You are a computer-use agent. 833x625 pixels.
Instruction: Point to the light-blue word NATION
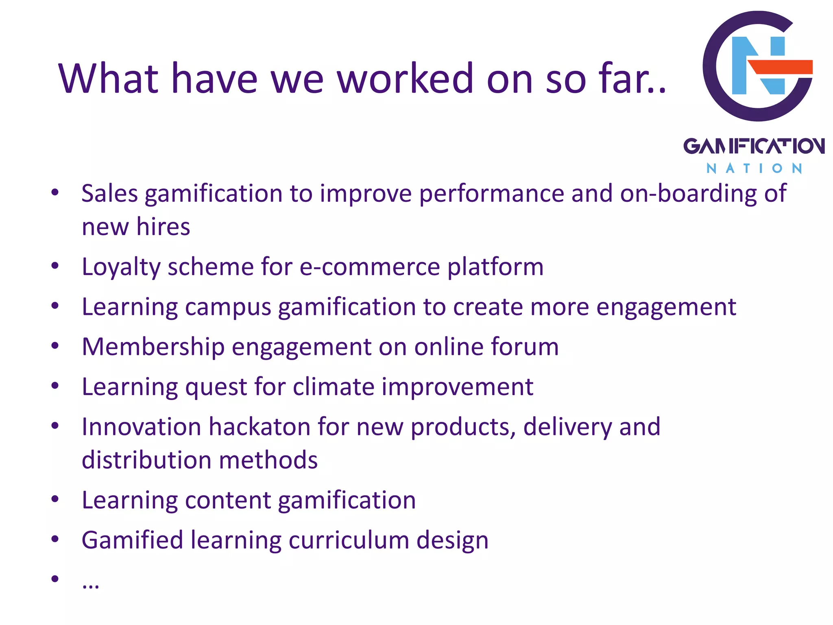754,168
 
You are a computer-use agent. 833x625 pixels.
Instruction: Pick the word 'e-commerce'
370,267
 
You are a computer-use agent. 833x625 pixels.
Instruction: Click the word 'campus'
228,307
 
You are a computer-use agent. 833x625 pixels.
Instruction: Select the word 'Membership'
153,347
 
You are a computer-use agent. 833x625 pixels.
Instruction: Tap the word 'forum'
525,347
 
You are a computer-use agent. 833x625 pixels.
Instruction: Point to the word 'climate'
333,387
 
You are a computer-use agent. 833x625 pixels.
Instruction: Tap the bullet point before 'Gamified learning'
55,539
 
